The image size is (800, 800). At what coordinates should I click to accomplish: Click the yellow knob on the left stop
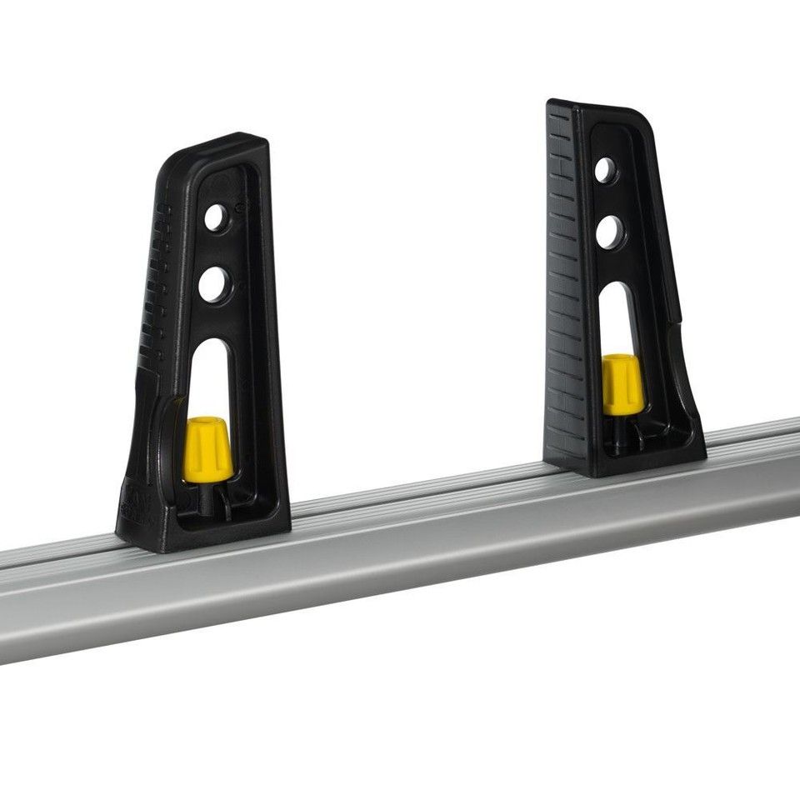pyautogui.click(x=207, y=450)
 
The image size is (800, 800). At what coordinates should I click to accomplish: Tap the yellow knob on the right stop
pyautogui.click(x=622, y=384)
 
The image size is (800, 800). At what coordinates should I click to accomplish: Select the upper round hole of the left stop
pyautogui.click(x=217, y=219)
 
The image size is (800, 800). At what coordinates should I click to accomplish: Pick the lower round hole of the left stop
pyautogui.click(x=215, y=285)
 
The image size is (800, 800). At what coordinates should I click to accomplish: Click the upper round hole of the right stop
pyautogui.click(x=606, y=170)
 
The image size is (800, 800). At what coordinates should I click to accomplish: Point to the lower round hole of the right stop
pyautogui.click(x=610, y=232)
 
